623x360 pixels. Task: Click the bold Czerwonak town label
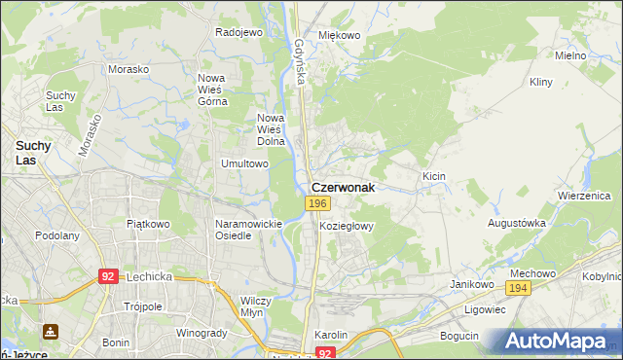point(342,187)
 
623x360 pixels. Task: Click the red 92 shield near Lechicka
point(108,276)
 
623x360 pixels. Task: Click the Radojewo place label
point(239,32)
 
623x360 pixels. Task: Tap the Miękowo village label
point(340,35)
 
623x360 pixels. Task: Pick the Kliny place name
point(541,83)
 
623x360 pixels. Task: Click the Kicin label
point(434,176)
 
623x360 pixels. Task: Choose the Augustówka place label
point(516,223)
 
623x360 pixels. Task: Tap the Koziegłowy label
point(347,226)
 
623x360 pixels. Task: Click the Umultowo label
point(244,164)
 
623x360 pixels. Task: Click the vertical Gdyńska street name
point(301,60)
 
